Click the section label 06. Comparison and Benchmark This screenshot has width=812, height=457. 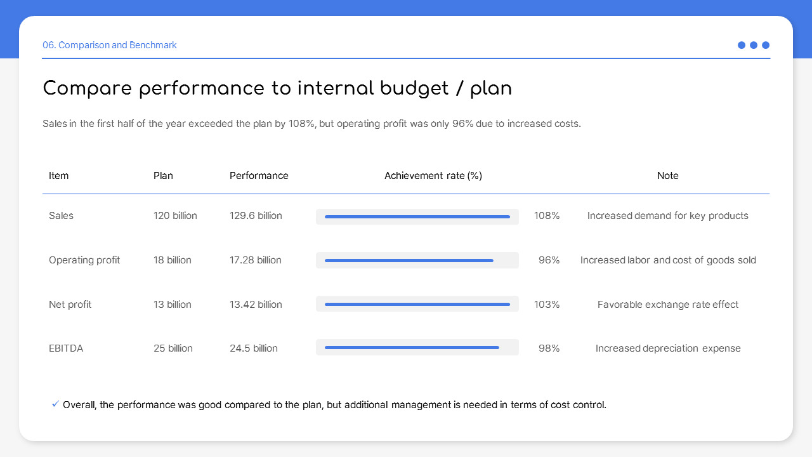click(x=109, y=45)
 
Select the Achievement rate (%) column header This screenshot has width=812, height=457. click(x=433, y=176)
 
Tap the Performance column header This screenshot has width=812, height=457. click(x=259, y=176)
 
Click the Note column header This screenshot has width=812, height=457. click(x=667, y=176)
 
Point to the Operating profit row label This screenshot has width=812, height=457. click(x=84, y=260)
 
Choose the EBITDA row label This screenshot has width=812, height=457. click(x=66, y=348)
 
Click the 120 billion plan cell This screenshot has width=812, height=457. click(x=175, y=216)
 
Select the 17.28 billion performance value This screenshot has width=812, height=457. click(x=255, y=260)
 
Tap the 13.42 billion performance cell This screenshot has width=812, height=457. click(x=256, y=305)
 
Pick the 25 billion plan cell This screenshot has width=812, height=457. click(x=173, y=348)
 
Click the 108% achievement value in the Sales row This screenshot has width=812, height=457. click(x=547, y=216)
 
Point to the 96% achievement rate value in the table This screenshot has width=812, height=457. click(x=549, y=260)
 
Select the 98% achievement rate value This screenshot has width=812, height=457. click(x=549, y=348)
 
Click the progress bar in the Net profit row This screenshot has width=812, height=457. click(x=417, y=305)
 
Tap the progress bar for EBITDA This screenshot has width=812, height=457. click(x=412, y=348)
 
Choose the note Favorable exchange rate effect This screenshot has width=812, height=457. click(x=667, y=305)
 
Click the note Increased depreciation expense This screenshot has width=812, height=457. click(x=667, y=348)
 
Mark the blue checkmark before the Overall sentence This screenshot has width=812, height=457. click(x=55, y=404)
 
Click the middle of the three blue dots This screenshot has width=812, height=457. click(x=754, y=45)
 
